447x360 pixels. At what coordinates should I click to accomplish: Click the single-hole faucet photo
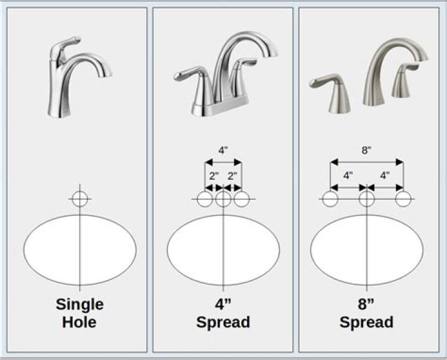[78, 78]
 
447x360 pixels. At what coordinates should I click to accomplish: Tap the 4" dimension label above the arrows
[223, 150]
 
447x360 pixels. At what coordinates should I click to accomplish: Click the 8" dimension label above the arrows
[366, 150]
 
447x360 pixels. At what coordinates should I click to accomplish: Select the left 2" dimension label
[214, 176]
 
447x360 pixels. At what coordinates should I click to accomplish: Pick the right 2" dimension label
[233, 176]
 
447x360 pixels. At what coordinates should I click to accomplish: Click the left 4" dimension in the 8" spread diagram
[348, 176]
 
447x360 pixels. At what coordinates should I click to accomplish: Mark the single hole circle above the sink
[79, 199]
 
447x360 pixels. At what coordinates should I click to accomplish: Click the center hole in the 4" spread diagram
[223, 199]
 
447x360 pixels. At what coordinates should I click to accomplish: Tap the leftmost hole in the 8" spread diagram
[330, 199]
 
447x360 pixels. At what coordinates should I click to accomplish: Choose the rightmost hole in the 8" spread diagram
[404, 199]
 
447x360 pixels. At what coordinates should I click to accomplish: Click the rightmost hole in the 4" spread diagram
[242, 199]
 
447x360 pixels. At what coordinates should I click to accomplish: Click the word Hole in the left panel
[79, 322]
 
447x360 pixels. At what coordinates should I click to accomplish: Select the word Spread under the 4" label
[223, 322]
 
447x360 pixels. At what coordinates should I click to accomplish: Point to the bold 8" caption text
[366, 305]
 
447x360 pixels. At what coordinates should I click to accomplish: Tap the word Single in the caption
[79, 305]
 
